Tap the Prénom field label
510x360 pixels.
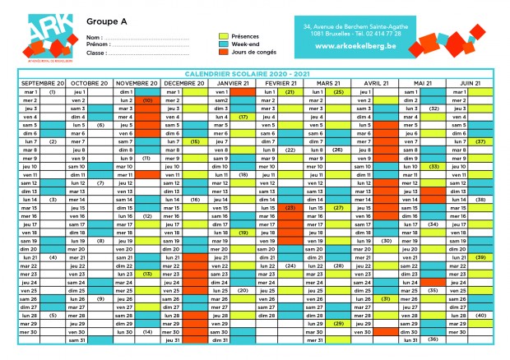(x=96, y=45)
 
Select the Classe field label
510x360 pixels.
(x=96, y=53)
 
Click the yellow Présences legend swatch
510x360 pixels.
(x=223, y=36)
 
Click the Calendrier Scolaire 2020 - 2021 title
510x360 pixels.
(x=255, y=74)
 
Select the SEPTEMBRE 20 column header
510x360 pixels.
(x=42, y=83)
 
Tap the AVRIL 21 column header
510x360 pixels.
(x=376, y=83)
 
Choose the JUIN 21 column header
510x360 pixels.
(x=471, y=83)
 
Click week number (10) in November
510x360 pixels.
(x=147, y=100)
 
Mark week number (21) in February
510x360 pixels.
(x=290, y=92)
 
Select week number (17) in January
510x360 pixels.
(x=243, y=117)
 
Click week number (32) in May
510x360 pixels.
(x=433, y=108)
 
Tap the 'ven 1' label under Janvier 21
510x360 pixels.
(x=220, y=92)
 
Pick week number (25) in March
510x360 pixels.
(x=338, y=92)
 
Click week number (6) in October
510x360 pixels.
(x=100, y=125)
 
